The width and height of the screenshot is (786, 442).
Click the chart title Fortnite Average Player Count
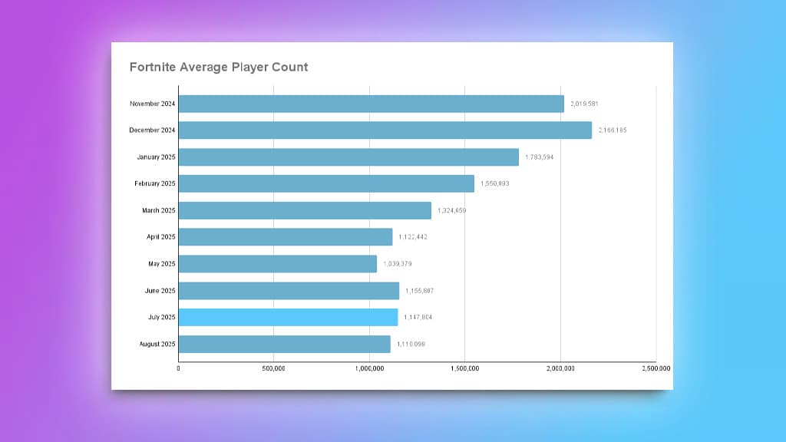point(219,67)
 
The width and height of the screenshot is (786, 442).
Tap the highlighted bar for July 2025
point(288,317)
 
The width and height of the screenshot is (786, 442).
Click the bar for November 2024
point(372,104)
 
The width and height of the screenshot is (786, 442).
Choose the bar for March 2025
point(305,210)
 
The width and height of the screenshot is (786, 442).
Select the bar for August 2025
point(285,344)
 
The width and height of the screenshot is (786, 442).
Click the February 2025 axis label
point(154,183)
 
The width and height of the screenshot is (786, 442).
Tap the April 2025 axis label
point(161,237)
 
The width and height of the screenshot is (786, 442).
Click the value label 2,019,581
point(585,104)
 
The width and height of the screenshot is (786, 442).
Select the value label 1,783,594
point(540,157)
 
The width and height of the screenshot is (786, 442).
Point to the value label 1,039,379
point(398,264)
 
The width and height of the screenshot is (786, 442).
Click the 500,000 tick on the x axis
point(274,369)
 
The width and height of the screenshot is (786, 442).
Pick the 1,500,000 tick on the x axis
point(465,369)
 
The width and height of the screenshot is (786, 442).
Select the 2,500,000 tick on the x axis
point(656,369)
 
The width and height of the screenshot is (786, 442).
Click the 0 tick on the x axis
point(179,369)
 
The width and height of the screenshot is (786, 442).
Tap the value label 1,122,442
point(413,237)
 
